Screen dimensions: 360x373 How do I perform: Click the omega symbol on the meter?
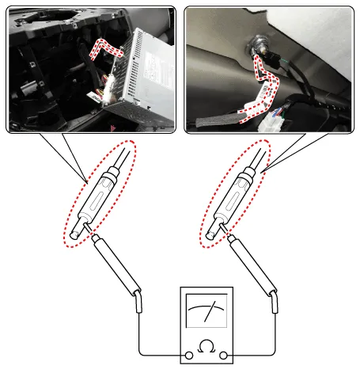[x=207, y=346]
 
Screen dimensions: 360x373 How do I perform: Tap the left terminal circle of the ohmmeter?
[x=189, y=356]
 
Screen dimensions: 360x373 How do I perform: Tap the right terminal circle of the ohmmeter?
[x=223, y=356]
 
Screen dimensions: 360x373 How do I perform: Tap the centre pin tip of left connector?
[x=74, y=235]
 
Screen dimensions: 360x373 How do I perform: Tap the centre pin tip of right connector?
[x=210, y=235]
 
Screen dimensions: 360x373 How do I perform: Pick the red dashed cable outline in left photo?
[x=105, y=49]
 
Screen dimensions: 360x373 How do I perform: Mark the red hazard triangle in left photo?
[x=114, y=128]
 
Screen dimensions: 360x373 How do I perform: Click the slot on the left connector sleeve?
[x=97, y=201]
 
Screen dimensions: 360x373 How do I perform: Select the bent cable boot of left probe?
[x=138, y=302]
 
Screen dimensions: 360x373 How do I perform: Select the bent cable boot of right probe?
[x=275, y=302]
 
